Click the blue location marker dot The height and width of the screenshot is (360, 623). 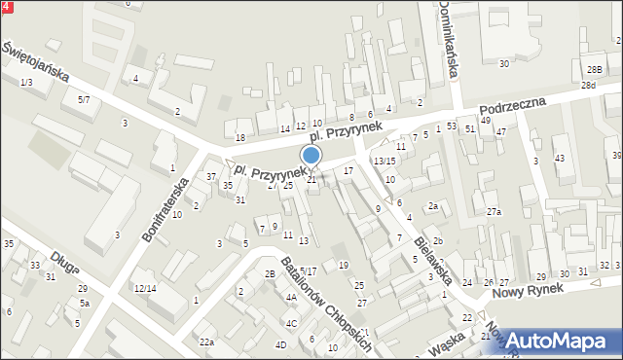click(x=311, y=155)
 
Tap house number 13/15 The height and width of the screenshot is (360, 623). click(x=385, y=161)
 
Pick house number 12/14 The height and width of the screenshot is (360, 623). click(x=145, y=288)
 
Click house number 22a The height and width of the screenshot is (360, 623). click(x=206, y=342)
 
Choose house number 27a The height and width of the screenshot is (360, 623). click(x=495, y=212)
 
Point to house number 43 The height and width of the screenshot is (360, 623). click(x=559, y=158)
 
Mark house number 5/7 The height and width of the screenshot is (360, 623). click(x=84, y=100)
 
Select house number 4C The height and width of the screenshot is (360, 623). click(x=291, y=323)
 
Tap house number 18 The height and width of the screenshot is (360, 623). click(x=239, y=137)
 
